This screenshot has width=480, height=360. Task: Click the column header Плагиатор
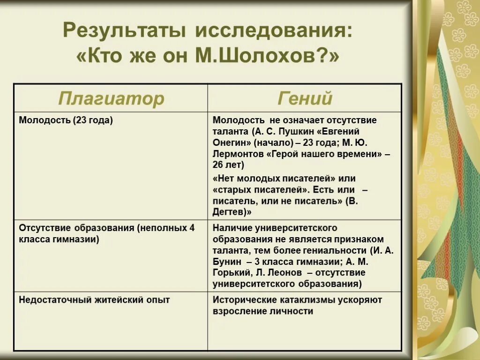tap(111, 98)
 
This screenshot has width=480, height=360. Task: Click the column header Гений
tap(305, 98)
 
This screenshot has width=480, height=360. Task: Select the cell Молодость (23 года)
tap(66, 120)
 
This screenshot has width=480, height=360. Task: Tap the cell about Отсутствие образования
tap(106, 233)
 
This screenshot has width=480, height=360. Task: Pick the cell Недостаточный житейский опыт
tap(94, 300)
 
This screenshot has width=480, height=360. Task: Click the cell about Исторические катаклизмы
tap(297, 305)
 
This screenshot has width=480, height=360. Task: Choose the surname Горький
tap(231, 273)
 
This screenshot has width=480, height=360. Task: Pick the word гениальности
tap(336, 250)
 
